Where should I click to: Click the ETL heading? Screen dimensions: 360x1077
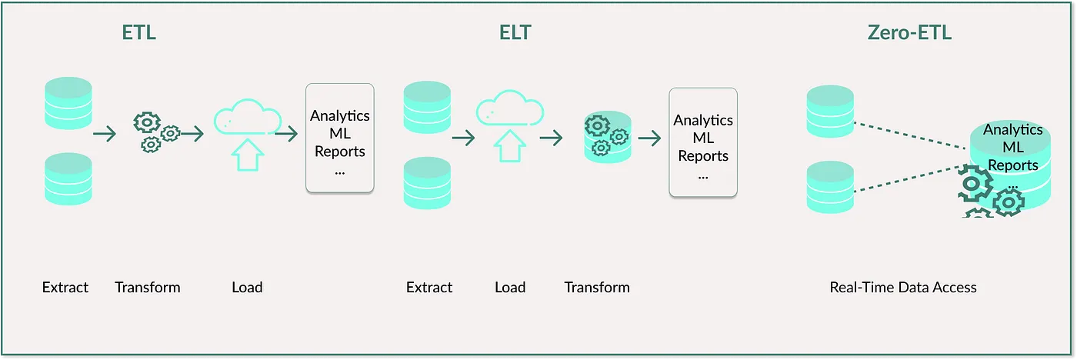(140, 33)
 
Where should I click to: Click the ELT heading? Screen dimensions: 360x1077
(515, 33)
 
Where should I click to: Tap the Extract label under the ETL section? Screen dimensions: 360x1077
(65, 288)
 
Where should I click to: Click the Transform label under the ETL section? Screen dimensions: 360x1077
(148, 288)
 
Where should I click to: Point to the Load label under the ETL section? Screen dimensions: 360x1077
(247, 288)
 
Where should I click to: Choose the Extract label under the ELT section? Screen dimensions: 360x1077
(429, 288)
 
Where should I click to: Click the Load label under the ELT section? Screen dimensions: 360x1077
(510, 288)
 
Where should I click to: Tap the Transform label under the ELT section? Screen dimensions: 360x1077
(597, 288)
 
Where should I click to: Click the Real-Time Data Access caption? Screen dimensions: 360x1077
(903, 288)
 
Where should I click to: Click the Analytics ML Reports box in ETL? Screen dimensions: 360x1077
(340, 138)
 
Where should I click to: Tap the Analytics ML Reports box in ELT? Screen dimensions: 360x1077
(703, 142)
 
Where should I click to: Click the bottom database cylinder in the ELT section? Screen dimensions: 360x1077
(427, 183)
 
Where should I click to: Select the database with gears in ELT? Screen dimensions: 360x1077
(608, 137)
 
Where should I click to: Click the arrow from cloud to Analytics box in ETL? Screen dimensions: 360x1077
(286, 135)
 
